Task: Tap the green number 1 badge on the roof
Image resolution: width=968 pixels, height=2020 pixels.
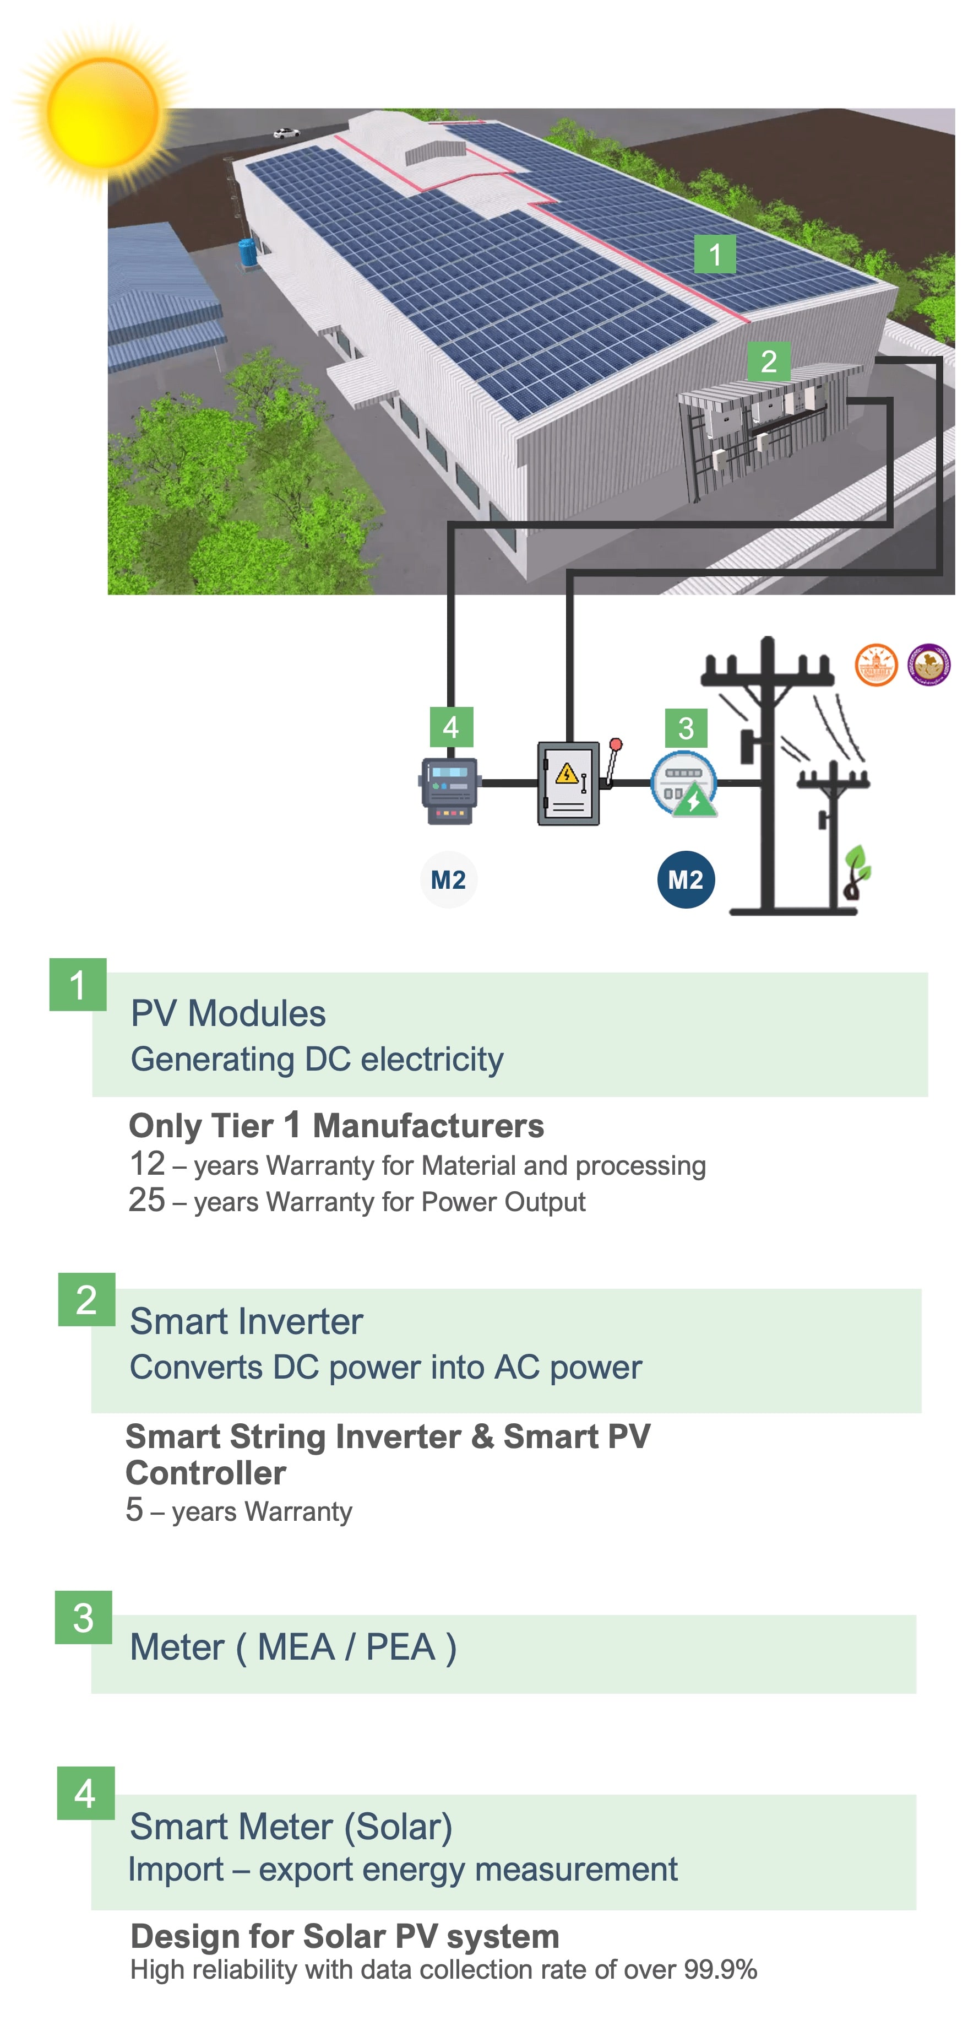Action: pos(714,254)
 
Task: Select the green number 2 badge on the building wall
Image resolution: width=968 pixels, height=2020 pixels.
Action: pos(768,361)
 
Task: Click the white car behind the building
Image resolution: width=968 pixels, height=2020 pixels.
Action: pos(286,133)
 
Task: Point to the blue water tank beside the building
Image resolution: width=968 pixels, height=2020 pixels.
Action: pos(249,256)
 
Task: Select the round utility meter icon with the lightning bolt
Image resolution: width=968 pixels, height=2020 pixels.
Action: pos(683,784)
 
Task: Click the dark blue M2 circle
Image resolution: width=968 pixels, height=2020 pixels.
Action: pos(685,879)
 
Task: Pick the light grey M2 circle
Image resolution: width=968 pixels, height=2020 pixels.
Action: pos(448,879)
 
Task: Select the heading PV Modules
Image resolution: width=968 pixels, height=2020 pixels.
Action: pos(228,1013)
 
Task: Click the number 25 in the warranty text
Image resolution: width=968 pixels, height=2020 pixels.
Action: pos(146,1200)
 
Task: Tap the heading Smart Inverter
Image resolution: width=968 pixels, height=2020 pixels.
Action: pos(246,1321)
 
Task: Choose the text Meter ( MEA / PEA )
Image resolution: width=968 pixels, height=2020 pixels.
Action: pos(293,1647)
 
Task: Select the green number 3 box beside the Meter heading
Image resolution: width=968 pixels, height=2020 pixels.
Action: pos(83,1617)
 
